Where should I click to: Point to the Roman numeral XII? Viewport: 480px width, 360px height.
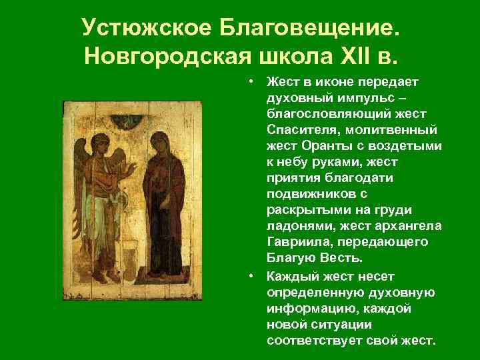pos(349,57)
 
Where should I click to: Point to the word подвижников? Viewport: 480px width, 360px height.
pos(304,193)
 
